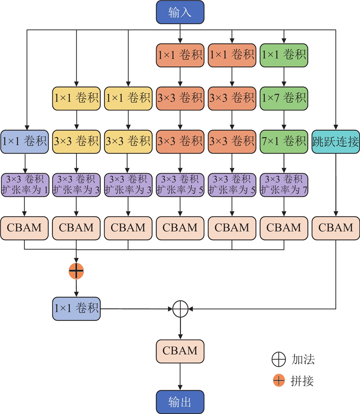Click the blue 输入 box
(x=180, y=12)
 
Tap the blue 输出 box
(x=180, y=402)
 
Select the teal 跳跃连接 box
(x=335, y=142)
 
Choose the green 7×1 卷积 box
(x=283, y=142)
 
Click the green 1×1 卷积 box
(x=283, y=55)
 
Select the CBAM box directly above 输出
(x=180, y=351)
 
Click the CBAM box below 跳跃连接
(x=335, y=227)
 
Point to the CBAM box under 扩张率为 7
(x=283, y=227)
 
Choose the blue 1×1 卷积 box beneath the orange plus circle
(x=76, y=309)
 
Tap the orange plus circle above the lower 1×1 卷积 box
(x=76, y=271)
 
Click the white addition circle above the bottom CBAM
(x=180, y=309)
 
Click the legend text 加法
(x=303, y=360)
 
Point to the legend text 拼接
(x=303, y=381)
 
